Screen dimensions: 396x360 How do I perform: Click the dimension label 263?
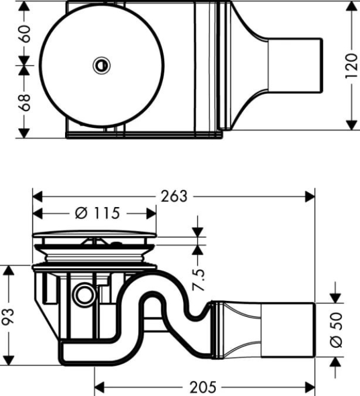(x=174, y=196)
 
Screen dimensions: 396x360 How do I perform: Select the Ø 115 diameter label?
(x=97, y=213)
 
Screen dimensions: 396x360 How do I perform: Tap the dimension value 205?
(x=203, y=388)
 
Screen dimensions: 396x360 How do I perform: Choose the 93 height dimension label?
(x=8, y=315)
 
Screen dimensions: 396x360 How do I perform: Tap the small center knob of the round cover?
(x=102, y=66)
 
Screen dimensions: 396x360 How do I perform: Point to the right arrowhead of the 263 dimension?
(x=310, y=196)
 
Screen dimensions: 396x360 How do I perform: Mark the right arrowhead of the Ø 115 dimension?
(x=151, y=213)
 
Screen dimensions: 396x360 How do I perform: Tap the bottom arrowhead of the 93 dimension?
(x=8, y=359)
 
